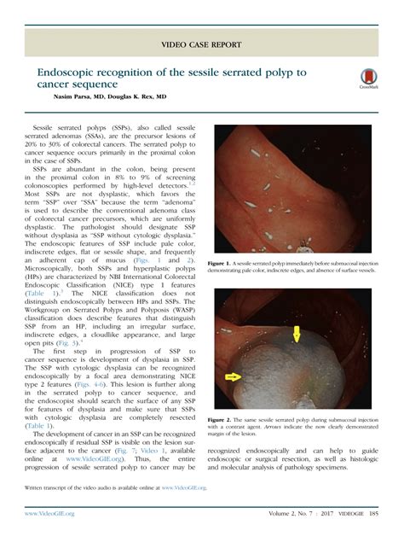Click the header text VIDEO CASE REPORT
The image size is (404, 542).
pos(202,44)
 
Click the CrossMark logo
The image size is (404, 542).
pos(369,79)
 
